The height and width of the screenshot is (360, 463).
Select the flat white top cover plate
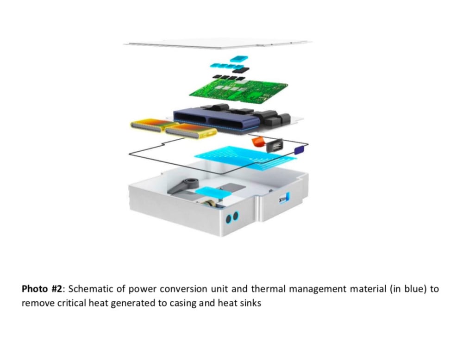218,43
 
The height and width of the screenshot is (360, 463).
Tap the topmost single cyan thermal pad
239,58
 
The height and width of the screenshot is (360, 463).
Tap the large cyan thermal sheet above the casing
245,157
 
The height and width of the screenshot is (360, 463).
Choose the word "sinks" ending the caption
250,304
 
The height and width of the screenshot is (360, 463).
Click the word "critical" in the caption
70,304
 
